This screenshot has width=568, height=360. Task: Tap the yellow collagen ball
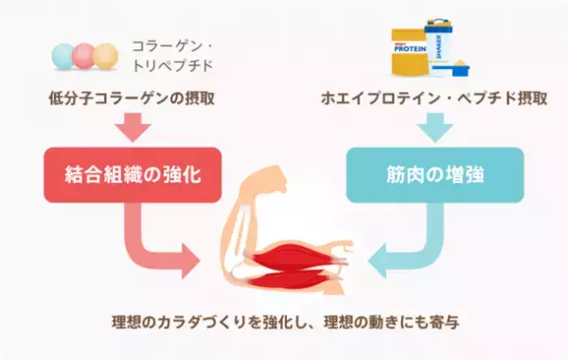107,54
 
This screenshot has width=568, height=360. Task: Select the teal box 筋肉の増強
435,173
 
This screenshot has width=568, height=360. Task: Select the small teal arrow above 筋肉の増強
435,126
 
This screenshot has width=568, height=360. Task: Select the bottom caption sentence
284,322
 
